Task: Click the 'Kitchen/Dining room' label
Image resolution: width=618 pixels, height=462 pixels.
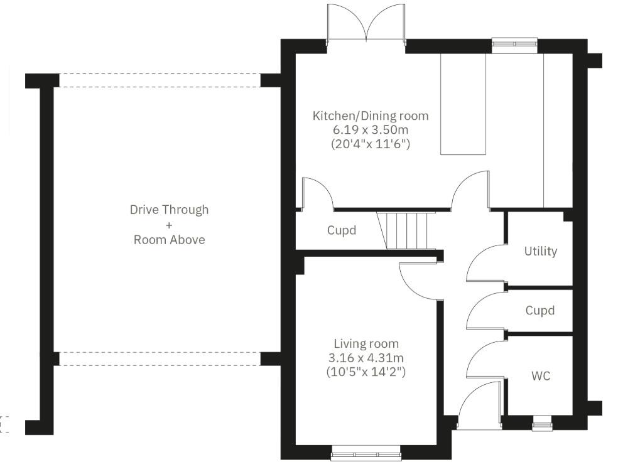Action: (x=371, y=115)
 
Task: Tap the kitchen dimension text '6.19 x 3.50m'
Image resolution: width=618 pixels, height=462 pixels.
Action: (x=371, y=130)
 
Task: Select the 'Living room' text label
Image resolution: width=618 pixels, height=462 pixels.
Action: (x=366, y=344)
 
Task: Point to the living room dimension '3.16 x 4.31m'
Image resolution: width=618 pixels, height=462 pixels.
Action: (x=366, y=358)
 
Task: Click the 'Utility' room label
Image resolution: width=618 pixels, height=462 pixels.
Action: (x=541, y=251)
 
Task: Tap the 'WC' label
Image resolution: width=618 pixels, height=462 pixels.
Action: (x=541, y=376)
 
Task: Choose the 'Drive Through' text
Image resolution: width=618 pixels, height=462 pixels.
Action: (x=169, y=210)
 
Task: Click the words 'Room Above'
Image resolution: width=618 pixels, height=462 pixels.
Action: (x=169, y=240)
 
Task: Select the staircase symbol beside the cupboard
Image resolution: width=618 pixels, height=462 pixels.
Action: (x=406, y=230)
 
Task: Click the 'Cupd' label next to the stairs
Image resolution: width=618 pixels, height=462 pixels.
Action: (x=342, y=230)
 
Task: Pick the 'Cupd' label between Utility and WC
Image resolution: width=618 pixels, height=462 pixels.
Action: (x=540, y=311)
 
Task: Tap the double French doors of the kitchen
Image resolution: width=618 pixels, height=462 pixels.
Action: (x=366, y=25)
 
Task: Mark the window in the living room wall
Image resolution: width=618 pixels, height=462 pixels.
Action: (x=366, y=449)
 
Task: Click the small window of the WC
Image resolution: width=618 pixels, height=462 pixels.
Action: (x=541, y=424)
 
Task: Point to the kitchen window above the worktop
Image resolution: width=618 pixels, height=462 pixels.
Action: (x=514, y=43)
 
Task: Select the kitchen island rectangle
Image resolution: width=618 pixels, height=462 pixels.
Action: (x=463, y=104)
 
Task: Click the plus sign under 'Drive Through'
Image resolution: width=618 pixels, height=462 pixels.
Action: (x=169, y=225)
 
